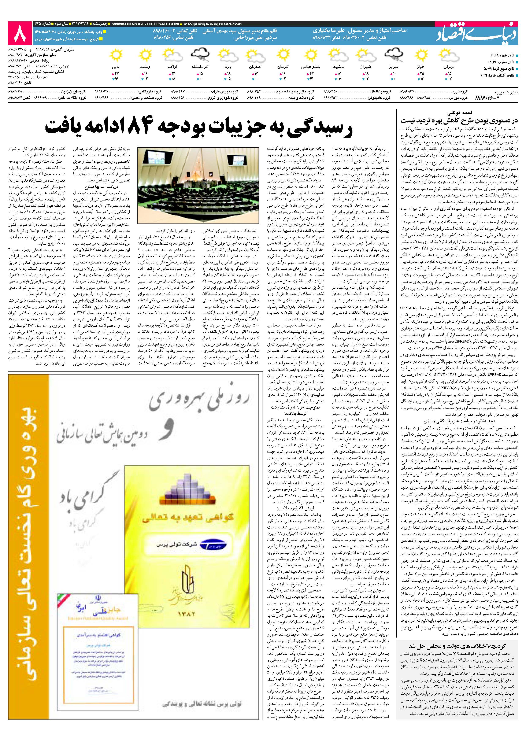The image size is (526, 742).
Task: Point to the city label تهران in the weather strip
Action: pos(448,68)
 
